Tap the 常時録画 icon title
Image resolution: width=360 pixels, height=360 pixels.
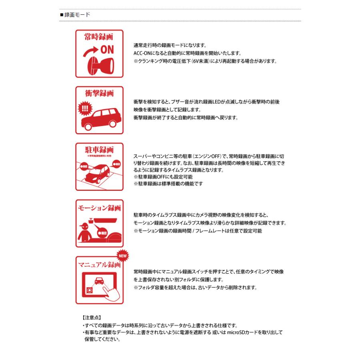(x=99, y=37)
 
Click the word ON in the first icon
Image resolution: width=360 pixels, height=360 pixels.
(x=107, y=50)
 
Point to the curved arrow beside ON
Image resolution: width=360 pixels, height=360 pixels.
(x=90, y=52)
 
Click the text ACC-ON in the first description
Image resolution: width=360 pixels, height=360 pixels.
(x=143, y=53)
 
